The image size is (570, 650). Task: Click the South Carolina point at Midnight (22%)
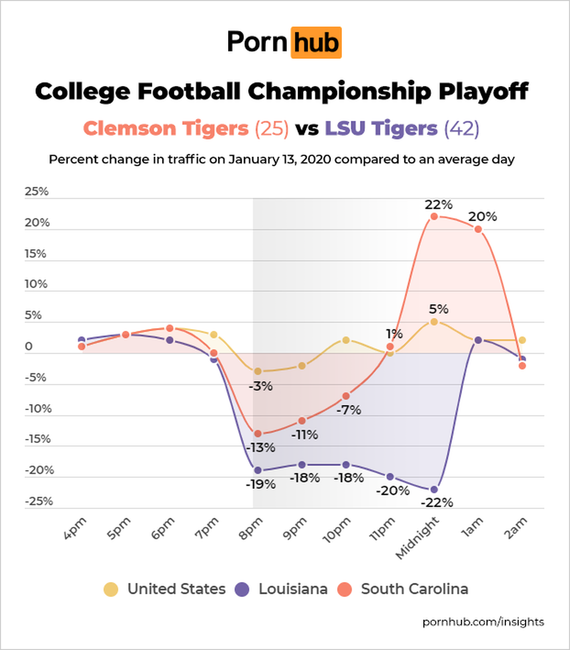pyautogui.click(x=434, y=217)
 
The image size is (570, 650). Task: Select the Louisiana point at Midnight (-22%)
pyautogui.click(x=434, y=489)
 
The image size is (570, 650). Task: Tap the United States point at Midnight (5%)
pyautogui.click(x=434, y=322)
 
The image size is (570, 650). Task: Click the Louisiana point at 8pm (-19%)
pyautogui.click(x=258, y=470)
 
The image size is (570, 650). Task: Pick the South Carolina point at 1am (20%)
pyautogui.click(x=478, y=229)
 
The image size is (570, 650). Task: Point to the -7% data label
pyautogui.click(x=348, y=410)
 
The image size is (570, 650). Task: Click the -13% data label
pyautogui.click(x=260, y=447)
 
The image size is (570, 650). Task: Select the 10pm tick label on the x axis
pyautogui.click(x=336, y=530)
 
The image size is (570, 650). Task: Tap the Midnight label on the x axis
pyautogui.click(x=417, y=538)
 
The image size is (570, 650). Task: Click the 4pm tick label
pyautogui.click(x=75, y=529)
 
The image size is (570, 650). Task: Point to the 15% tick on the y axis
pyautogui.click(x=35, y=254)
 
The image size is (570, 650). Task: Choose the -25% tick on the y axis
pyautogui.click(x=38, y=501)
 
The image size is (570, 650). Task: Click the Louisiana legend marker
pyautogui.click(x=242, y=589)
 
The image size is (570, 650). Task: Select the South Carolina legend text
pyautogui.click(x=414, y=589)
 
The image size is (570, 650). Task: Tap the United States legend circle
pyautogui.click(x=111, y=589)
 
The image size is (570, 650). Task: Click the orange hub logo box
pyautogui.click(x=315, y=43)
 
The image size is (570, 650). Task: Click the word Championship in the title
pyautogui.click(x=339, y=92)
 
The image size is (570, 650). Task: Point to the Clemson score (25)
pyautogui.click(x=271, y=129)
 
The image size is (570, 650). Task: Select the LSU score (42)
pyautogui.click(x=461, y=129)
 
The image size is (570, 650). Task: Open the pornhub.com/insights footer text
pyautogui.click(x=483, y=622)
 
